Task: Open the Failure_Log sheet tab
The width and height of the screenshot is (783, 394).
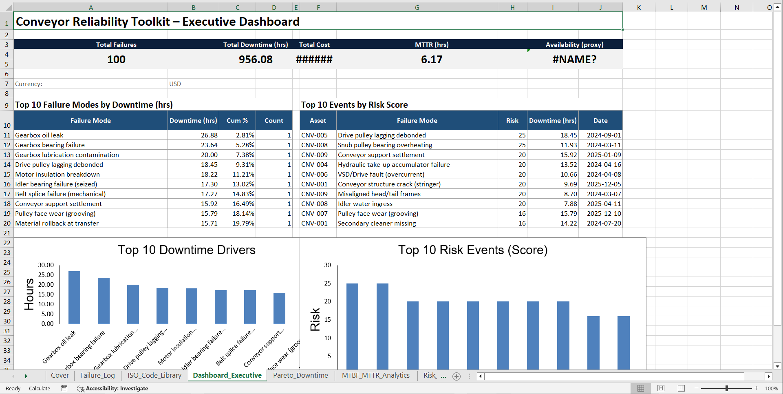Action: click(x=97, y=376)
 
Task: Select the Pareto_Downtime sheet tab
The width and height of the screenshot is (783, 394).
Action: click(x=300, y=376)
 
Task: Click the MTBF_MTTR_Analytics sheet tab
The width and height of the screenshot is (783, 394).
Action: click(x=375, y=376)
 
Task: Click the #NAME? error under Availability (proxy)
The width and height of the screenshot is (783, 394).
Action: click(x=574, y=60)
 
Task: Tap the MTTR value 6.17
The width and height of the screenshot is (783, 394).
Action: click(x=431, y=60)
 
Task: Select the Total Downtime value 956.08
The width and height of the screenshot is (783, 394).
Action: click(x=256, y=60)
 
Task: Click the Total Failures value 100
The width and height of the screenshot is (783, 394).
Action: click(x=116, y=60)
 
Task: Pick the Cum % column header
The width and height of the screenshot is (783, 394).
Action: click(x=237, y=121)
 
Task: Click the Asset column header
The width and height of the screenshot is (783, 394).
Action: click(x=318, y=121)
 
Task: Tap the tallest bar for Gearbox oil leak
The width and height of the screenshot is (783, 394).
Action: click(x=74, y=297)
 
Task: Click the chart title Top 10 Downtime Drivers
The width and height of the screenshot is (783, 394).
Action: click(x=187, y=250)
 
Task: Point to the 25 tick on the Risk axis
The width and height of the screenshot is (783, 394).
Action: click(x=327, y=283)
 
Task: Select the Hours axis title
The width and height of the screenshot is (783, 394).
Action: click(x=29, y=294)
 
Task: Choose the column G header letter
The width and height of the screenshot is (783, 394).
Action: click(x=417, y=7)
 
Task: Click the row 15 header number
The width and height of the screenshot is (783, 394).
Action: click(x=7, y=175)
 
